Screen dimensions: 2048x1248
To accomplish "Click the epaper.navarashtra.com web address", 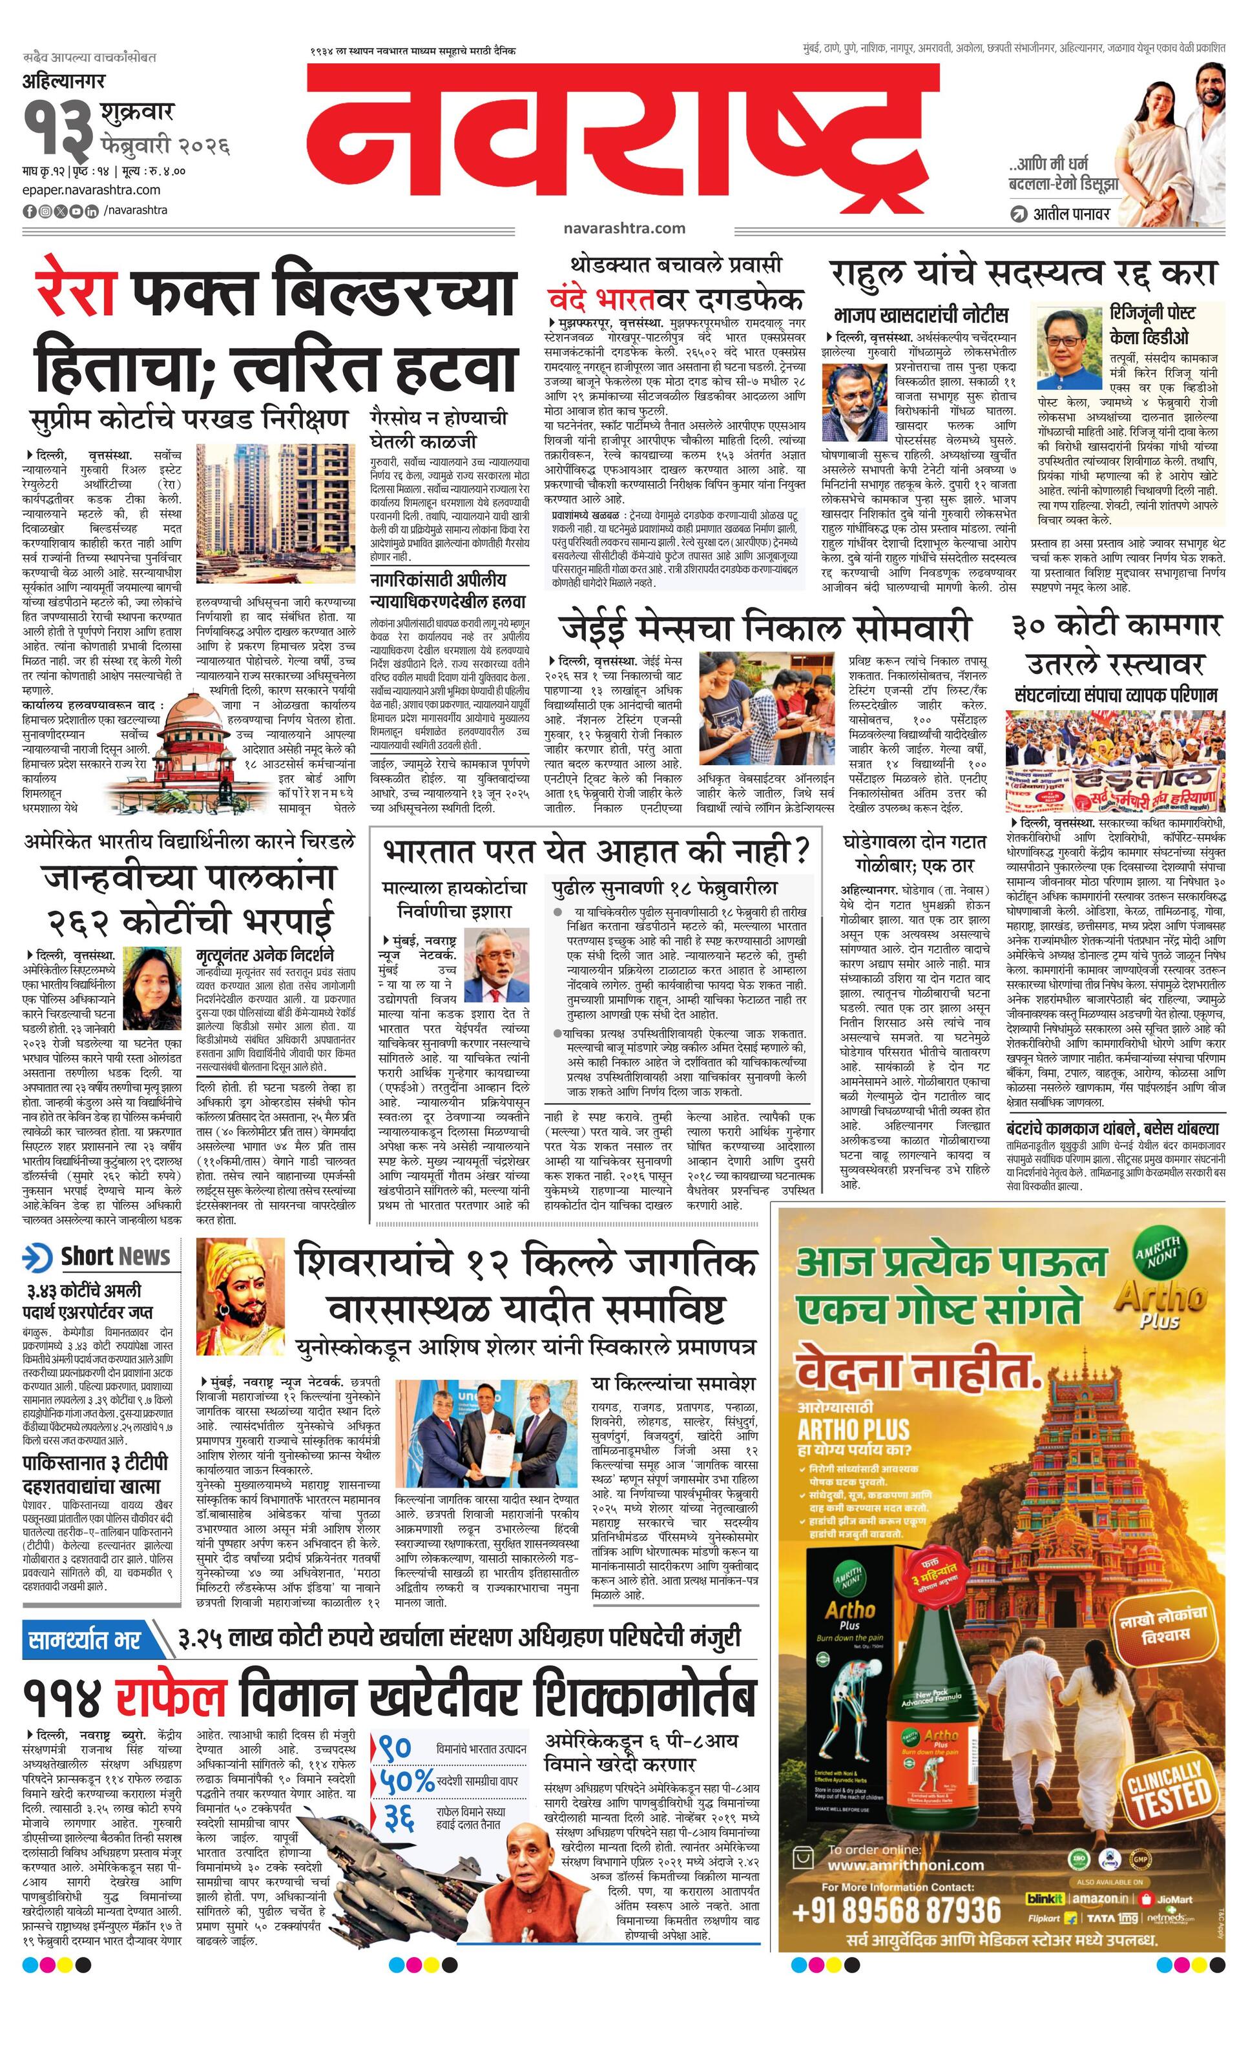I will pyautogui.click(x=92, y=190).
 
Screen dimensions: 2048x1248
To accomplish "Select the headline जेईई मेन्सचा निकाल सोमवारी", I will pyautogui.click(x=765, y=628).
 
